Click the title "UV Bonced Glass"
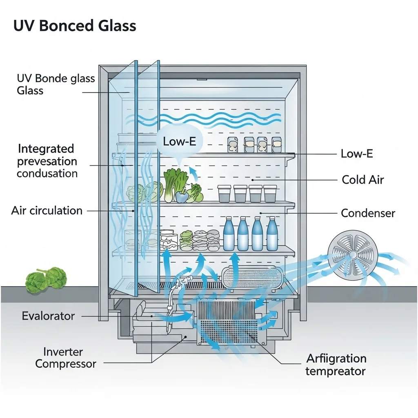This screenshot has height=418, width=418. [75, 25]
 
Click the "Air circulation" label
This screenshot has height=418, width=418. [47, 211]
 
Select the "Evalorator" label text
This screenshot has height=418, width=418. [48, 316]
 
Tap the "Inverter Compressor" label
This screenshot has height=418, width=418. [65, 358]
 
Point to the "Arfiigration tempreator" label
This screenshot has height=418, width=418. [336, 365]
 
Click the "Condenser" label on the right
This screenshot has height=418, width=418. [368, 213]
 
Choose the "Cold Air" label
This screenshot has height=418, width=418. [363, 180]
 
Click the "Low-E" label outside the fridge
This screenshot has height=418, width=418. [357, 154]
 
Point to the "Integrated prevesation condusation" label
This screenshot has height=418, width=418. [47, 161]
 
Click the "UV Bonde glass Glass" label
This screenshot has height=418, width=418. [56, 84]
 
